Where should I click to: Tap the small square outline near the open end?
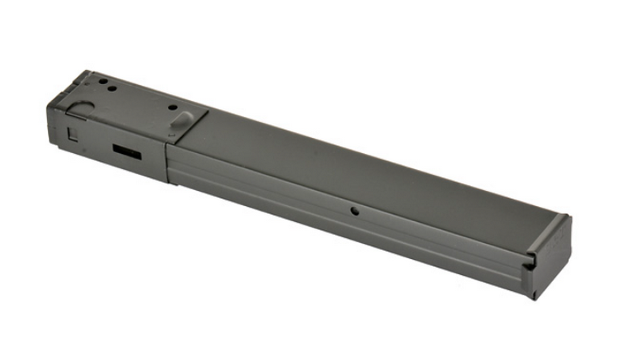pos(73,134)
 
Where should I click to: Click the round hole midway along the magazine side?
pos(353,212)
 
